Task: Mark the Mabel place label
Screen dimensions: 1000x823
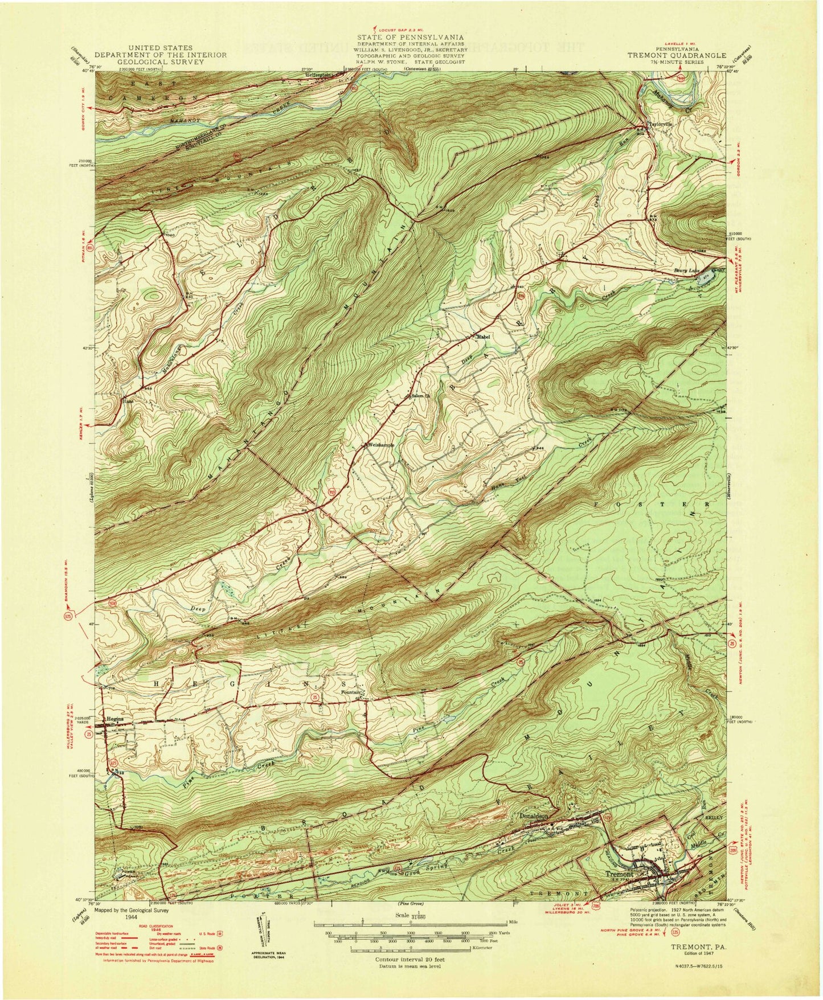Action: coord(484,337)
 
